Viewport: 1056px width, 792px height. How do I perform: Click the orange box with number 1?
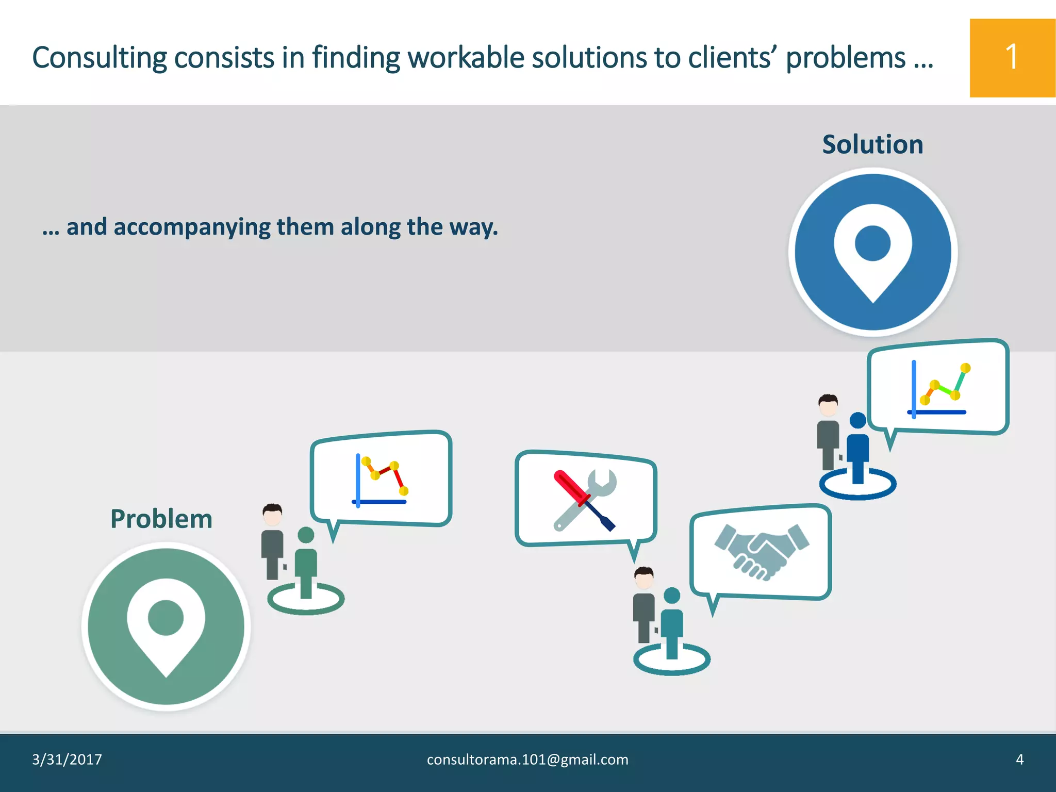(x=1012, y=58)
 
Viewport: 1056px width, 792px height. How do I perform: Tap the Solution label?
(x=872, y=144)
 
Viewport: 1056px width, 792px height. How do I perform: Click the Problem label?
(x=161, y=519)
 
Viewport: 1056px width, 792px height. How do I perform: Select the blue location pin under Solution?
(x=872, y=252)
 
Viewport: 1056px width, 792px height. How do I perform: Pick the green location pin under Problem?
(x=166, y=626)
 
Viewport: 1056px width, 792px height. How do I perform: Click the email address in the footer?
(x=527, y=760)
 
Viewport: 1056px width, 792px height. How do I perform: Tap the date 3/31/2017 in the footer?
(x=67, y=760)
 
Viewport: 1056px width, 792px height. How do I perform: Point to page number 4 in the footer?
(x=1019, y=760)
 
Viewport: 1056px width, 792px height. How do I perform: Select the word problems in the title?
(x=846, y=58)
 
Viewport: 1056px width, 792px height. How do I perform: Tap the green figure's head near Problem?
(x=306, y=535)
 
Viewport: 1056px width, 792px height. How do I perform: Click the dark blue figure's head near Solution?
(x=858, y=420)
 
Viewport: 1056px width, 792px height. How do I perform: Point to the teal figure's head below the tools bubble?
(x=672, y=596)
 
